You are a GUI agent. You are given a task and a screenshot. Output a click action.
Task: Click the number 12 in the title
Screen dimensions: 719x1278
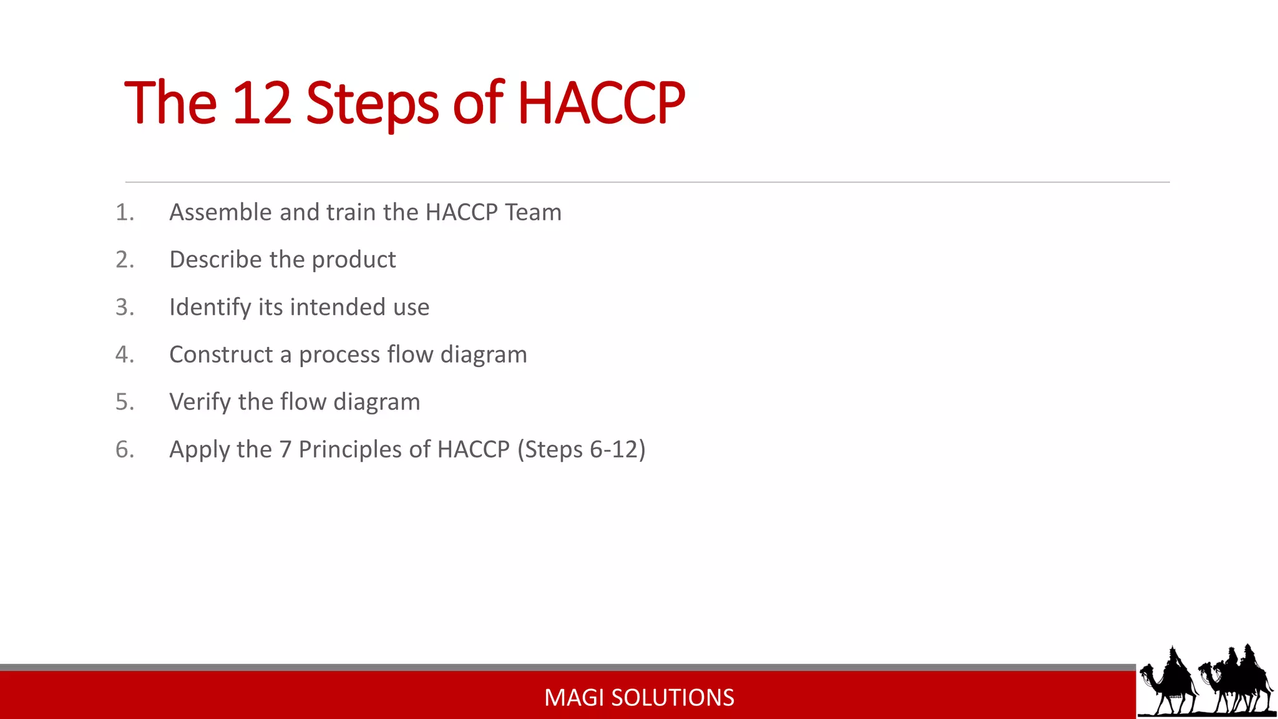(x=261, y=103)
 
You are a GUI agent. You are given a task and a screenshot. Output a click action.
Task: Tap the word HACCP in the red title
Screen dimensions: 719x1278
(x=601, y=103)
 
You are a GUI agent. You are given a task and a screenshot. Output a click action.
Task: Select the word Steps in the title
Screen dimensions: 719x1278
(x=373, y=104)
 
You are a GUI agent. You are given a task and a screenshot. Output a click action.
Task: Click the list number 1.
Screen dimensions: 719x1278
(x=124, y=213)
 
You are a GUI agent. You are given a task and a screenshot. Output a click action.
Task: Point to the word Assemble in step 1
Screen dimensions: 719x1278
(x=221, y=213)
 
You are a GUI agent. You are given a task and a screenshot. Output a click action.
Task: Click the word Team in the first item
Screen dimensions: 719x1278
(x=533, y=213)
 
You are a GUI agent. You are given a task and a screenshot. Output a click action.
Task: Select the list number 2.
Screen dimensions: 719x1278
(x=124, y=260)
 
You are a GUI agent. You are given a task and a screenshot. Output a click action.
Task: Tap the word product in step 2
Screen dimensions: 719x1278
(x=354, y=260)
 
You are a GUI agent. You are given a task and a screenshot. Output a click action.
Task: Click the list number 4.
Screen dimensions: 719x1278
(x=124, y=355)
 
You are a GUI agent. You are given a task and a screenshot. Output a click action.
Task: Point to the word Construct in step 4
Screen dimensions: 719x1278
(x=221, y=355)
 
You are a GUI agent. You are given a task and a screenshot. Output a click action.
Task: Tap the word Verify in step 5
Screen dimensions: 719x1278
(x=200, y=403)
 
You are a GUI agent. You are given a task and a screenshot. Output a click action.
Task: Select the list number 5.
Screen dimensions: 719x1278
(x=124, y=402)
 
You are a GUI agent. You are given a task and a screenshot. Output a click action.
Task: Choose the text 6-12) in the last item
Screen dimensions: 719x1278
(x=617, y=449)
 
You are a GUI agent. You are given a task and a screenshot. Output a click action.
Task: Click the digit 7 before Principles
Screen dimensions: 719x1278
(x=285, y=449)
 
